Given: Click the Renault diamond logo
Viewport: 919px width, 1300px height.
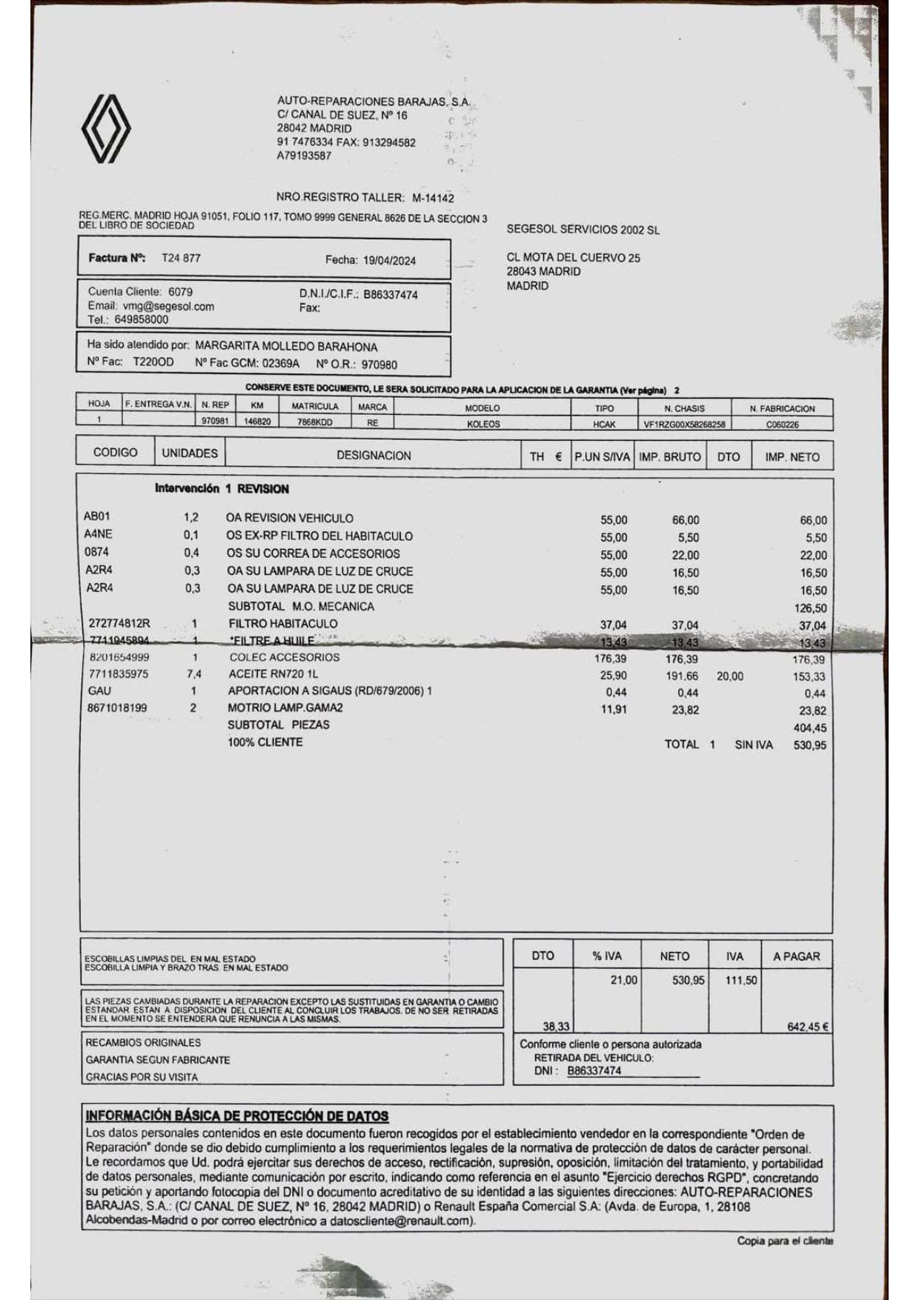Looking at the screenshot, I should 106,129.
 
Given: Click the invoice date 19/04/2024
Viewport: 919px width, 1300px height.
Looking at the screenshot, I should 389,260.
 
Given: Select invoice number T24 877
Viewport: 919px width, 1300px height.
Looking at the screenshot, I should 181,258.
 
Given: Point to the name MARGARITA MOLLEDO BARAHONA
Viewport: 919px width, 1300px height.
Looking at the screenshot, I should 286,347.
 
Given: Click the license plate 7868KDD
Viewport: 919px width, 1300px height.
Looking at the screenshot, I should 315,423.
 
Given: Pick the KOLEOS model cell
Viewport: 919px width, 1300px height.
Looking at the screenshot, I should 483,424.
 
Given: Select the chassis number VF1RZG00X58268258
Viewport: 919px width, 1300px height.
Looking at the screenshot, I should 684,424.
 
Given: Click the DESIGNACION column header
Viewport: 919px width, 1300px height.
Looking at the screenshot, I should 374,456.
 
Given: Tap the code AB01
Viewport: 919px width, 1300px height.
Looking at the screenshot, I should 97,516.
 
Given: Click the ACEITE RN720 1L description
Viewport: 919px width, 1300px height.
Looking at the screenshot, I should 273,674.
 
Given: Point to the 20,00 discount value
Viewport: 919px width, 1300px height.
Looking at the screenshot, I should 730,676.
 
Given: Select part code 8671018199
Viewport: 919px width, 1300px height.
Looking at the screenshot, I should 117,707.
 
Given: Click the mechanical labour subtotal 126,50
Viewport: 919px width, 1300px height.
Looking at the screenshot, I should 810,608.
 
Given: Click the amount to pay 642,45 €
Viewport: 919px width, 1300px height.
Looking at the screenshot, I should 807,1027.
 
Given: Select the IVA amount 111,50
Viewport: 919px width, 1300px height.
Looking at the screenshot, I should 741,980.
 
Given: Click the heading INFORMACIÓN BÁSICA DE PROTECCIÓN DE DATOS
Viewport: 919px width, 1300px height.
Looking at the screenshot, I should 237,1116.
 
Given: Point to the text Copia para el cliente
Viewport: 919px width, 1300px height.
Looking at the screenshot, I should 785,1241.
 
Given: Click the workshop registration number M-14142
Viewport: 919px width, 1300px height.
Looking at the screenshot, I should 433,198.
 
